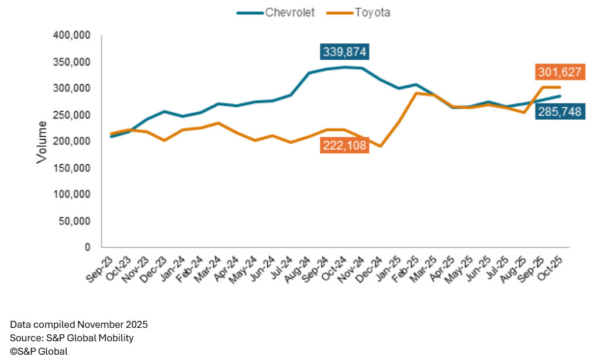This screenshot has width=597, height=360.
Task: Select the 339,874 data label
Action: pyautogui.click(x=344, y=51)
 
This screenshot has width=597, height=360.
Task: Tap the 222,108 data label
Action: pyautogui.click(x=344, y=146)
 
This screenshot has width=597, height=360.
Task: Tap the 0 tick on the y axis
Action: pyautogui.click(x=87, y=247)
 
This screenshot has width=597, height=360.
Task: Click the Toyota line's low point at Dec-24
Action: pyautogui.click(x=379, y=146)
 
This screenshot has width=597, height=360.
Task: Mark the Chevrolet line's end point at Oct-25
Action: pyautogui.click(x=561, y=96)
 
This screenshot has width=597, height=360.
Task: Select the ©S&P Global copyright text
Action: pyautogui.click(x=39, y=351)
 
